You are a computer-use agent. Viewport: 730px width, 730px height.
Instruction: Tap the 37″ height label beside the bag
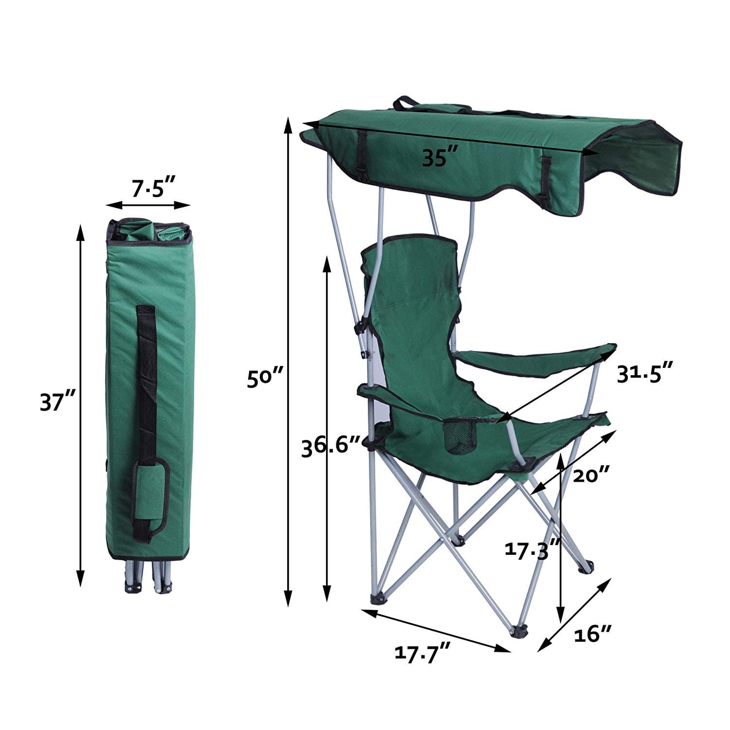(x=57, y=403)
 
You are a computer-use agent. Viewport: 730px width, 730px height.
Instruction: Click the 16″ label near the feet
(x=592, y=635)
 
